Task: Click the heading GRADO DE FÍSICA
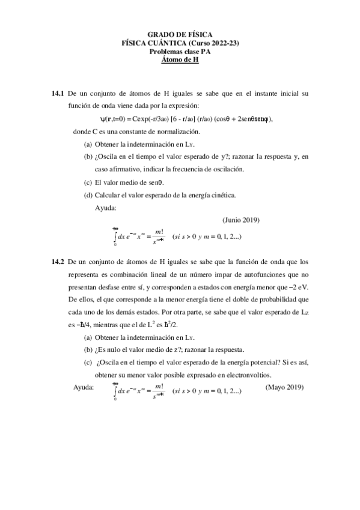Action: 180,35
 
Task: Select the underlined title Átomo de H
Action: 180,60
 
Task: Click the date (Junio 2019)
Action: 241,220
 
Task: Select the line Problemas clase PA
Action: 180,52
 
